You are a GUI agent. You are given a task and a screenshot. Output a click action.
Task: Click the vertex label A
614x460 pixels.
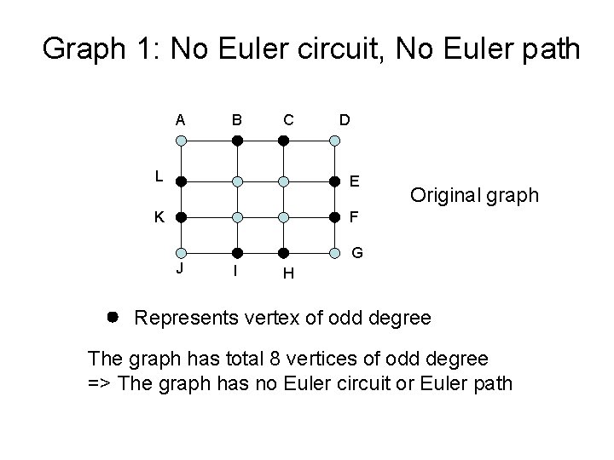180,120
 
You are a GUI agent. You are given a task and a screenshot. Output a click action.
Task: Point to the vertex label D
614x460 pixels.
343,120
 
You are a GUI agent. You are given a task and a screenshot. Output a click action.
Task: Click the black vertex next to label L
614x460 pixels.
179,181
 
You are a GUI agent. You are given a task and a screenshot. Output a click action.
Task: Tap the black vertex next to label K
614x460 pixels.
179,217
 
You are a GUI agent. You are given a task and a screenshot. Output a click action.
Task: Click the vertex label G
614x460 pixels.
359,253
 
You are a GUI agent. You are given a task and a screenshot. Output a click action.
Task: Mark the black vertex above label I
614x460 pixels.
240,253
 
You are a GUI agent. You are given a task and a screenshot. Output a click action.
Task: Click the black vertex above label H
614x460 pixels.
287,253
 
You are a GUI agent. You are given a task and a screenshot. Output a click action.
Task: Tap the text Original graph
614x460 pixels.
474,195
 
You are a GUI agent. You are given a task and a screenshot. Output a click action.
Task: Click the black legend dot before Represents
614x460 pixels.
113,317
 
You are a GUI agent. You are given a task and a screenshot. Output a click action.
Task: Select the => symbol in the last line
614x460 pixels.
101,382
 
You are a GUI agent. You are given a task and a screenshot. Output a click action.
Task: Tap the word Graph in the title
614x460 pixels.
83,49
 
